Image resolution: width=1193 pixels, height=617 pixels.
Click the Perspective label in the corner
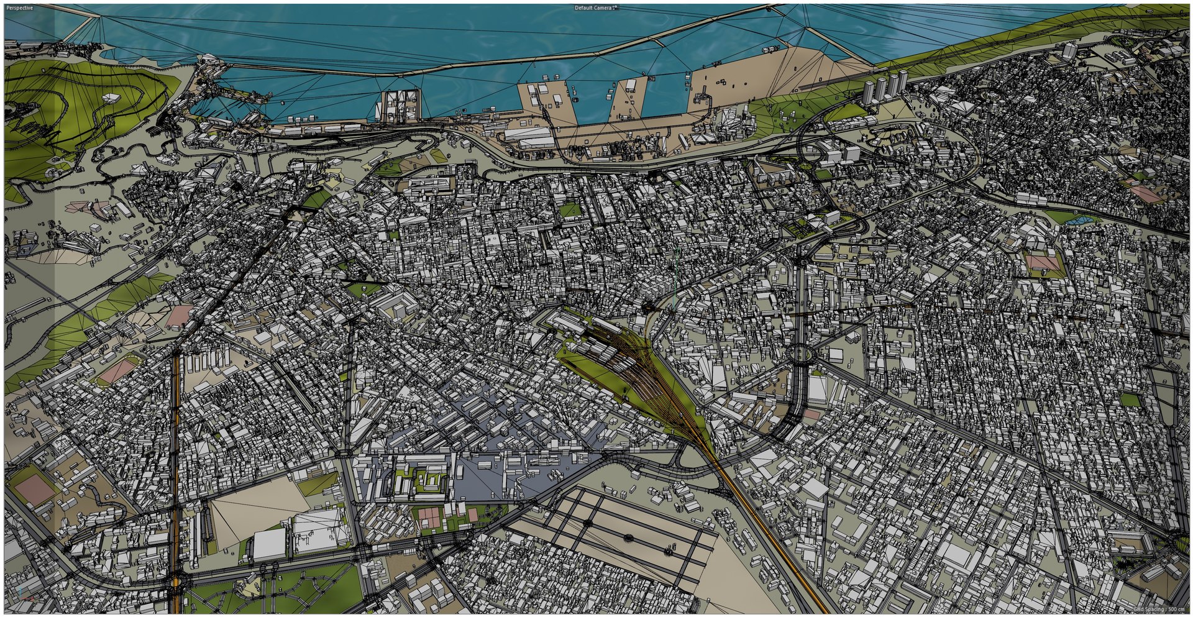(x=19, y=8)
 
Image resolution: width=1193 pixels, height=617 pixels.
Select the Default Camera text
(x=593, y=8)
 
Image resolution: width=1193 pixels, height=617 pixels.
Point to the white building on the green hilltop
(x=111, y=98)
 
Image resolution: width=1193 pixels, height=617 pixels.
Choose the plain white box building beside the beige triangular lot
(x=268, y=543)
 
